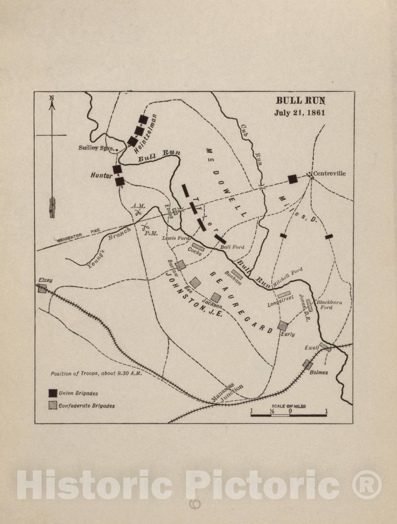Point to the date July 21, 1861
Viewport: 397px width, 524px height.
point(299,113)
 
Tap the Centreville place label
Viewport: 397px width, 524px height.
point(329,173)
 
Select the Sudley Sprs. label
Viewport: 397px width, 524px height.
point(96,148)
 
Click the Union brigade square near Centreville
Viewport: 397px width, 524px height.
point(293,179)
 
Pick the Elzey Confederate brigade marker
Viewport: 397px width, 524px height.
point(42,289)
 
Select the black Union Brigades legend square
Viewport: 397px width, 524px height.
point(53,393)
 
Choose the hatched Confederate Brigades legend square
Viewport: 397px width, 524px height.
point(53,405)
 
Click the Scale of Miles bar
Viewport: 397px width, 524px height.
point(289,415)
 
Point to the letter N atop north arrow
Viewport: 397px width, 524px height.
point(51,98)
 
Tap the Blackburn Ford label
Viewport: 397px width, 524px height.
point(329,305)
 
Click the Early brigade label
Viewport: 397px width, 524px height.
point(288,334)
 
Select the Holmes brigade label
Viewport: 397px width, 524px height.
point(319,372)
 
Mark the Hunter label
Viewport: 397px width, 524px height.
point(101,176)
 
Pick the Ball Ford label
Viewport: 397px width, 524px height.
point(232,247)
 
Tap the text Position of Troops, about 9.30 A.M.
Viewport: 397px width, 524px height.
point(96,373)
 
